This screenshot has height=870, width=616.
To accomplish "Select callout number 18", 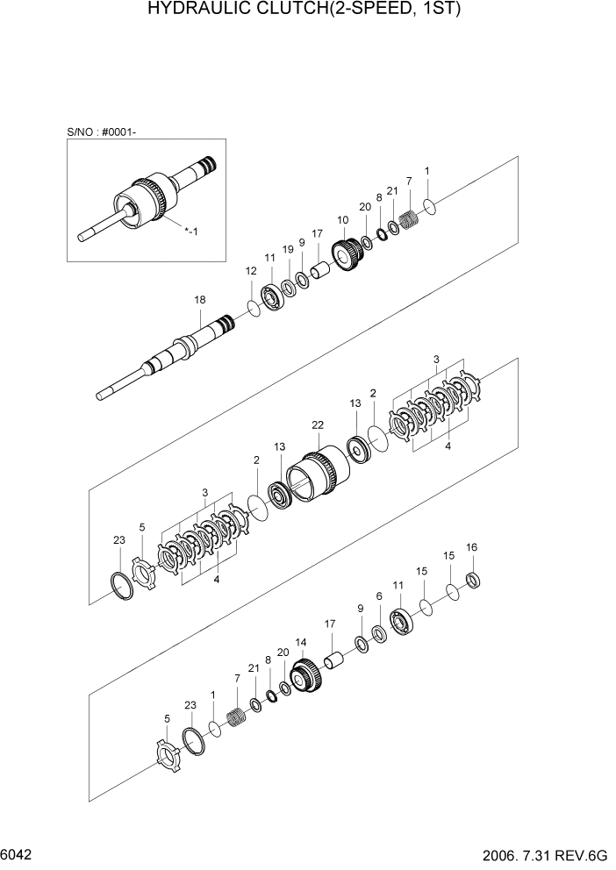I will click(199, 300).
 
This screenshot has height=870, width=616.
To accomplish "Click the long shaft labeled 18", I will click(175, 350).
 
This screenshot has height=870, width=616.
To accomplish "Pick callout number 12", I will click(251, 272).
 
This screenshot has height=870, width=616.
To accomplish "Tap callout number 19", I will click(288, 249).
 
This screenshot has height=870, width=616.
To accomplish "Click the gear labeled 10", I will click(348, 255).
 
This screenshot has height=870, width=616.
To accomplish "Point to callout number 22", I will click(318, 424).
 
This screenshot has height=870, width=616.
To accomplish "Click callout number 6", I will click(379, 595).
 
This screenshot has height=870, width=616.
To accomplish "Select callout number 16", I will click(471, 547).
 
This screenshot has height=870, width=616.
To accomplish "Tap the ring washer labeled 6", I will click(378, 632).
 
